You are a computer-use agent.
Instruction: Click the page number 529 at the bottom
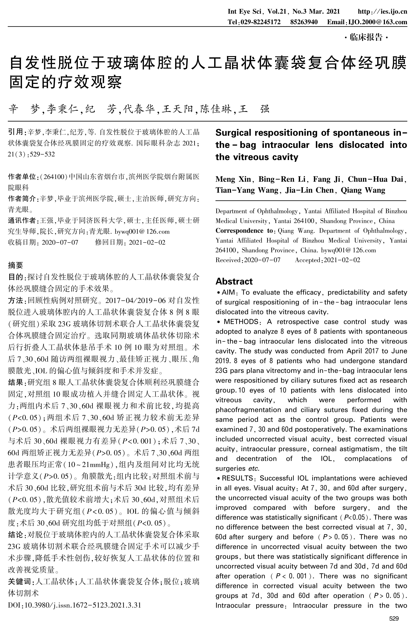(x=394, y=618)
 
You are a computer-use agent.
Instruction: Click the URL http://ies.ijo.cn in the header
(x=382, y=12)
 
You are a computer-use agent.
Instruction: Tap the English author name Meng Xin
(x=233, y=179)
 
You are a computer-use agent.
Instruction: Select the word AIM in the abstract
(x=228, y=292)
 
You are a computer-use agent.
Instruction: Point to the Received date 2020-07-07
(x=262, y=260)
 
